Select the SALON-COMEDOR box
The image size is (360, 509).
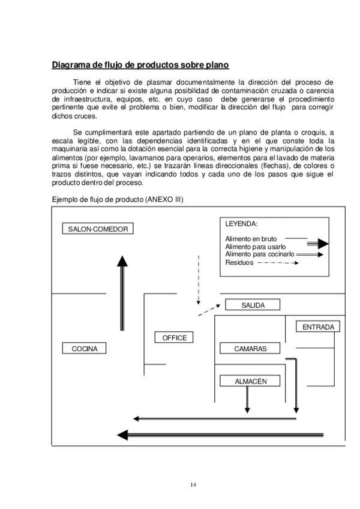tap(98, 229)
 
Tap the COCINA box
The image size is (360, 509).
tap(83, 348)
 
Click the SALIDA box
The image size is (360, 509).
tap(253, 305)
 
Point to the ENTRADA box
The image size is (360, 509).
tap(318, 327)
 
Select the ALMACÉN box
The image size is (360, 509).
tap(250, 381)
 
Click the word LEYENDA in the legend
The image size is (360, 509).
tap(241, 224)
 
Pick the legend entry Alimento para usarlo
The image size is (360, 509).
tap(255, 247)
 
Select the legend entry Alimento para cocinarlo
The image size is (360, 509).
tap(259, 254)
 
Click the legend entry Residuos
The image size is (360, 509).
tap(239, 262)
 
